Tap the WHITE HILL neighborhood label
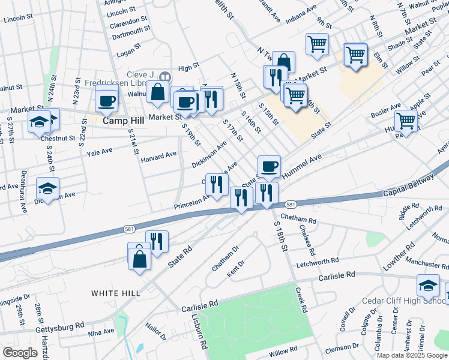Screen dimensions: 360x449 point(116,293)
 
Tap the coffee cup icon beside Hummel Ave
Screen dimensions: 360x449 point(269,166)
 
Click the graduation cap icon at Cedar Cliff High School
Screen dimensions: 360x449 point(429,286)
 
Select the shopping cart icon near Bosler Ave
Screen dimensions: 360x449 point(406,121)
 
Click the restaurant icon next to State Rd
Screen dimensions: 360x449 point(157,241)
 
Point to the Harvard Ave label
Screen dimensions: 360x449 point(158,157)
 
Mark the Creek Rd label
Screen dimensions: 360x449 point(301,300)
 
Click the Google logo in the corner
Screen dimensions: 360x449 point(20,353)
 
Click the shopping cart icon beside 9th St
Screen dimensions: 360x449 point(317,44)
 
